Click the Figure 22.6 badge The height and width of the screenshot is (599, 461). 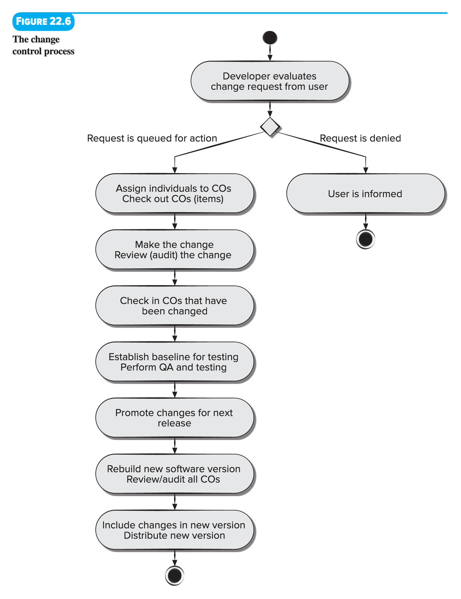point(43,21)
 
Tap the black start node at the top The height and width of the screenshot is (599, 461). point(270,38)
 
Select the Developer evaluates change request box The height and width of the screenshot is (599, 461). point(270,81)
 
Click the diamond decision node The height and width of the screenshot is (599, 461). point(270,127)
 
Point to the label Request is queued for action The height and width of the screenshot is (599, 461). point(152,138)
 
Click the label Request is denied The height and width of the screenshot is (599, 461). point(360,138)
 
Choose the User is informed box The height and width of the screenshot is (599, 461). point(365,194)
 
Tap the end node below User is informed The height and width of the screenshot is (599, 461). point(365,239)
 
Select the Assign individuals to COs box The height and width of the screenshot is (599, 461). point(175,194)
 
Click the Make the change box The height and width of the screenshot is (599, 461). point(175,249)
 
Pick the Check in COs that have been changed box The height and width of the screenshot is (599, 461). point(175,306)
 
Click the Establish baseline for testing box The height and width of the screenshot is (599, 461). point(175,362)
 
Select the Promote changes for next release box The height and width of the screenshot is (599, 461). point(175,418)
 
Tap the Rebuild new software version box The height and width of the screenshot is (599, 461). point(175,474)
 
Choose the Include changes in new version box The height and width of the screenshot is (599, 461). point(175,530)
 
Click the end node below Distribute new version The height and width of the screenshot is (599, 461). point(175,575)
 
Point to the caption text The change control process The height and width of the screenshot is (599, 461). point(43,45)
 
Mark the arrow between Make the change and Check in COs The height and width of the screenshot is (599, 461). point(175,277)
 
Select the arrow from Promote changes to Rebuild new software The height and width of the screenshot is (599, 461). point(175,446)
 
